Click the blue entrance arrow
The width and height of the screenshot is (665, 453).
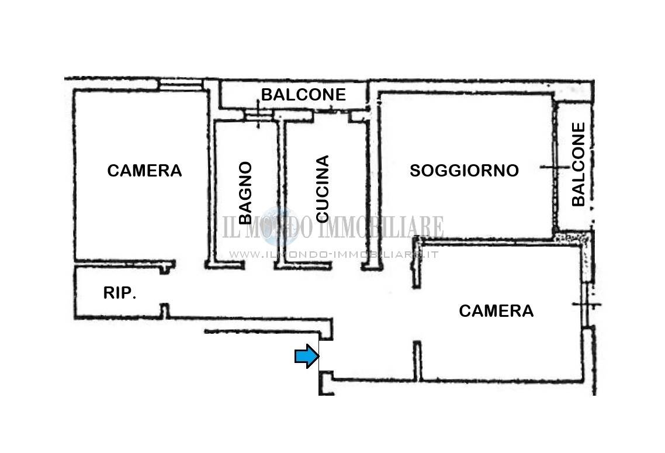(307, 357)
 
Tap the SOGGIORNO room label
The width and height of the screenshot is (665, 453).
(465, 171)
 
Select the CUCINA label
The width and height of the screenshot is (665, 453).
(323, 189)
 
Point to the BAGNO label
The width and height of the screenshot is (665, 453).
(245, 192)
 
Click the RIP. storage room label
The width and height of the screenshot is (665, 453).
(120, 293)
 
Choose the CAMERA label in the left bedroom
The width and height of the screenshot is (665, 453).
(144, 171)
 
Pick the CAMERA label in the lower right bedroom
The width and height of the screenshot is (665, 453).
(496, 311)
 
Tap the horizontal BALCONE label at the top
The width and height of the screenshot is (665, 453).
(304, 95)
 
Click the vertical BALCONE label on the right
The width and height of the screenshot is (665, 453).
(579, 165)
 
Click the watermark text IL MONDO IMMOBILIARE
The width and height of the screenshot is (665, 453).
(333, 227)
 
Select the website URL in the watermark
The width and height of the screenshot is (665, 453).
(334, 254)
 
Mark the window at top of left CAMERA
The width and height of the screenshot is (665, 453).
(180, 84)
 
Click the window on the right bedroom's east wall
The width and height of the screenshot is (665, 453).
(587, 305)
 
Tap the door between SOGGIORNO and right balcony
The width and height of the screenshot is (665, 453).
(555, 167)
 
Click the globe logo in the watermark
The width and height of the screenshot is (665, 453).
(280, 227)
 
